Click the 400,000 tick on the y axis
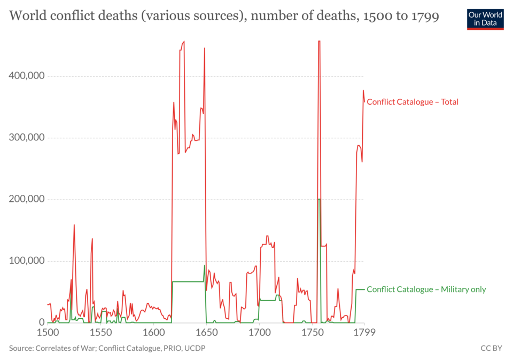tap(26, 76)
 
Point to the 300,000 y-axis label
tap(26, 138)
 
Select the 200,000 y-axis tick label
tap(26, 199)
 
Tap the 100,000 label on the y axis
tap(26, 261)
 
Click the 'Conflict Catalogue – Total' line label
tap(412, 102)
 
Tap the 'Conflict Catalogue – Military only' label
tap(426, 289)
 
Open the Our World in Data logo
tap(485, 19)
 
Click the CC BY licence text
tap(491, 348)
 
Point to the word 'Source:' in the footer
tap(21, 348)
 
